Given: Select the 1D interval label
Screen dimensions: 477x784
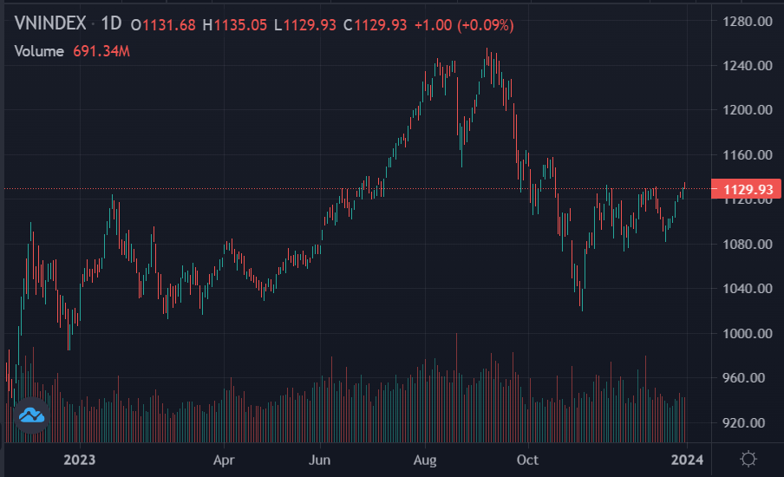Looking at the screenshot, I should pos(110,24).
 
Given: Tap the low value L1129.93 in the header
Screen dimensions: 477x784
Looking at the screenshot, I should pos(304,25).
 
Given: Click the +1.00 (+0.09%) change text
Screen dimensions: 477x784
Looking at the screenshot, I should pos(464,25).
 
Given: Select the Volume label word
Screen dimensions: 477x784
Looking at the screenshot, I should pos(39,51).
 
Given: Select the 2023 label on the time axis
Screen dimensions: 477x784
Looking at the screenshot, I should pos(80,459).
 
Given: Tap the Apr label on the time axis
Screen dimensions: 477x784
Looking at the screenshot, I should pos(225,459).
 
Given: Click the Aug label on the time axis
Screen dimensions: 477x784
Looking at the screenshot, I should pos(425,459).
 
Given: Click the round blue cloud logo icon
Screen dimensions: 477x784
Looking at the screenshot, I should pos(32,415).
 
